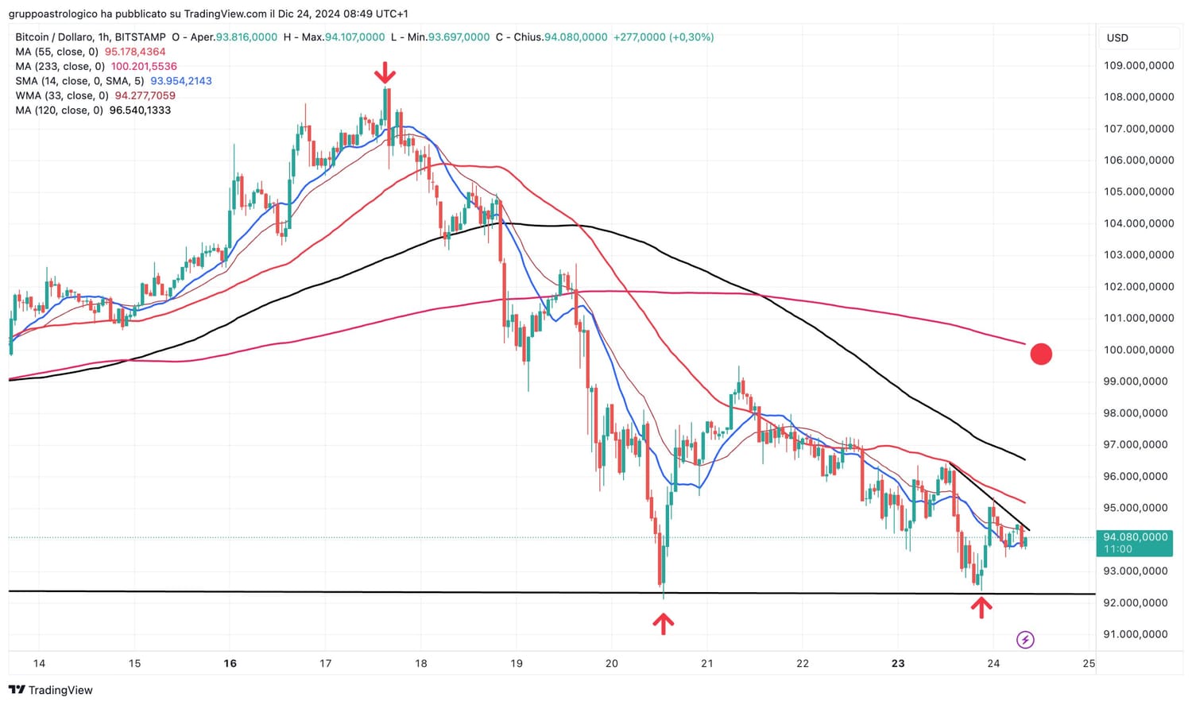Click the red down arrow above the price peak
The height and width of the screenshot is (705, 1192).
click(x=385, y=73)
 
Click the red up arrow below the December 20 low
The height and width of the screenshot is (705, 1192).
click(x=664, y=623)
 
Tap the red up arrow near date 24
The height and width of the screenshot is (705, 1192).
click(x=981, y=608)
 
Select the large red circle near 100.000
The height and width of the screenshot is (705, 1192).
click(x=1041, y=354)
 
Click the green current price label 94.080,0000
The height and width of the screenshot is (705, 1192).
click(x=1135, y=543)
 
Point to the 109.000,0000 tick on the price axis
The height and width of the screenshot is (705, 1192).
click(x=1138, y=65)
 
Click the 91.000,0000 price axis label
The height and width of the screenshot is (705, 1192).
click(x=1136, y=634)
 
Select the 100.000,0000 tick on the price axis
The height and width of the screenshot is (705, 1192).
click(x=1138, y=350)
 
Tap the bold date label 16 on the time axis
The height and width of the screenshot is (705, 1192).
click(x=230, y=663)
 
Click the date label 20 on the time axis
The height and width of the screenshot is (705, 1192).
click(x=611, y=663)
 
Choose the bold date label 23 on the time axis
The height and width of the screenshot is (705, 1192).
click(x=898, y=663)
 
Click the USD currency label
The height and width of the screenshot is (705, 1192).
click(x=1117, y=38)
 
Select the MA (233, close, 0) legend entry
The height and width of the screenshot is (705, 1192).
click(x=60, y=67)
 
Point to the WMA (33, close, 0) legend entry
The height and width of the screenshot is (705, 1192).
click(x=62, y=95)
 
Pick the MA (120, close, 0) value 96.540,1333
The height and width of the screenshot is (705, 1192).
click(x=140, y=110)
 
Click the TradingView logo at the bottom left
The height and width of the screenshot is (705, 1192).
click(x=51, y=690)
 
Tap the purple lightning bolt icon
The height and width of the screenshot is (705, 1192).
click(x=1025, y=640)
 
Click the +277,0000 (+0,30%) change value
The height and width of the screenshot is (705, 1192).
click(x=663, y=37)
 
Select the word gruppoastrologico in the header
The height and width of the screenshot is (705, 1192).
click(x=52, y=14)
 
